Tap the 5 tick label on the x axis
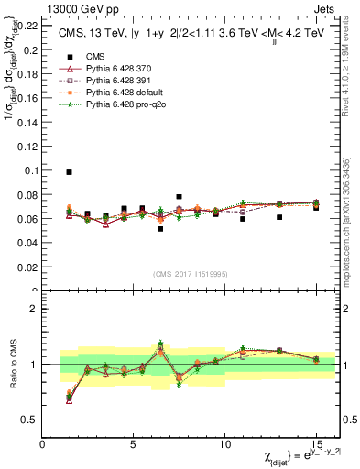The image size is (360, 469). [134, 444]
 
